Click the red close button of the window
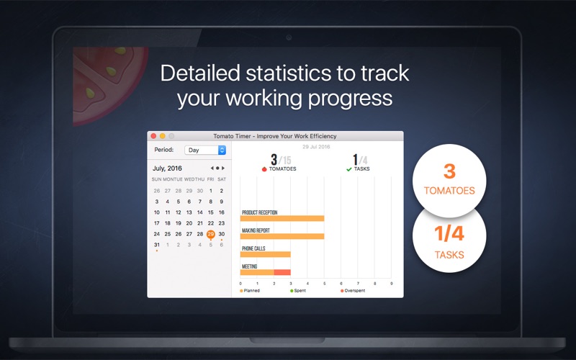(x=153, y=136)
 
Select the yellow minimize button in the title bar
(x=163, y=136)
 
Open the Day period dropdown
(x=205, y=150)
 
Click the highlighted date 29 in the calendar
(x=210, y=234)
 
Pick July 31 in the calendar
(x=157, y=245)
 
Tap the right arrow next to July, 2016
(x=223, y=168)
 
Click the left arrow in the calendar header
(x=212, y=168)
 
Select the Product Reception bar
(x=282, y=219)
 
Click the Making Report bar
(x=282, y=237)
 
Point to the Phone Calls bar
(x=265, y=254)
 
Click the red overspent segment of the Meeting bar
(x=282, y=272)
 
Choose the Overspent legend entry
(x=353, y=291)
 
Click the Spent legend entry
(x=298, y=291)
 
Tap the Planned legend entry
(x=250, y=291)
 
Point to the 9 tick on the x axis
(x=392, y=284)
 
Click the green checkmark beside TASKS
(x=349, y=169)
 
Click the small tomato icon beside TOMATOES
(x=264, y=169)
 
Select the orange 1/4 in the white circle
(x=449, y=233)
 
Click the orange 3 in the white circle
(x=449, y=171)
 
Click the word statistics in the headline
(x=288, y=73)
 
